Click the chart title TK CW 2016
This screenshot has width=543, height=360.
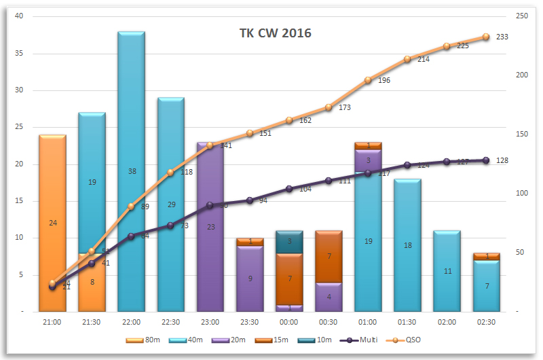275,33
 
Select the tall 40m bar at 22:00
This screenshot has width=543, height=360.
131,136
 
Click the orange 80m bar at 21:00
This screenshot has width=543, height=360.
52,204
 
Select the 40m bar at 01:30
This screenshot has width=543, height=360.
407,245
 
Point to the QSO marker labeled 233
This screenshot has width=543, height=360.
486,37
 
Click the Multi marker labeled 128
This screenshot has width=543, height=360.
486,160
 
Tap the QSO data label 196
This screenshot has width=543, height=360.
384,80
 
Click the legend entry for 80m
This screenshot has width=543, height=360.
141,339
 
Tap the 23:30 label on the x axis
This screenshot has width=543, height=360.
250,321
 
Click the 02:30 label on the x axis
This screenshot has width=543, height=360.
486,321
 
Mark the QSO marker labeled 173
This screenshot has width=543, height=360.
329,107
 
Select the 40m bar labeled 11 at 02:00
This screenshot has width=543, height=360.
447,271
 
